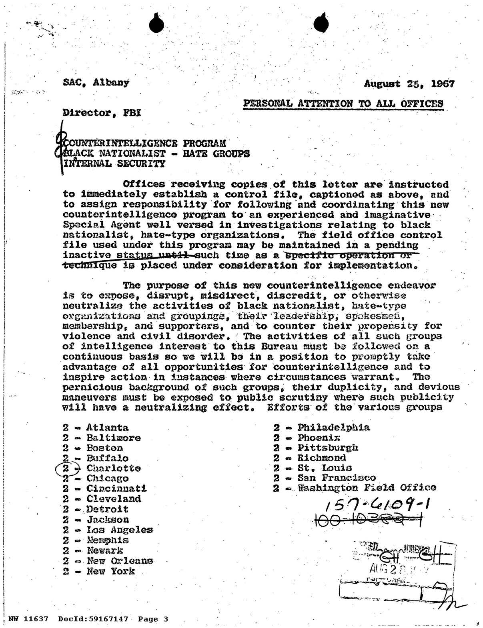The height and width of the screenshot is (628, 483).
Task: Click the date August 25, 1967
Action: tap(409, 84)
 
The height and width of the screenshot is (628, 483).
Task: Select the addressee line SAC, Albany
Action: tap(96, 83)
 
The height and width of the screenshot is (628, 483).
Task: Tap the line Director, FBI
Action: tap(102, 113)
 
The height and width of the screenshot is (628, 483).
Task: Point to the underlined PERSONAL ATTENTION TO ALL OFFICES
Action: tap(343, 103)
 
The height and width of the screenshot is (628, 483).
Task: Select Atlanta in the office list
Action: tap(107, 428)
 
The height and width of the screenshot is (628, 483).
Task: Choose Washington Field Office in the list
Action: tap(367, 488)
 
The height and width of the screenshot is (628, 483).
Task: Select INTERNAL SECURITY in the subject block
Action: tap(114, 163)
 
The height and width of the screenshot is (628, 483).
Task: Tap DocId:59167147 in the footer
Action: tap(93, 619)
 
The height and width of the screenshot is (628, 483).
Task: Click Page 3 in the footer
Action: tap(153, 619)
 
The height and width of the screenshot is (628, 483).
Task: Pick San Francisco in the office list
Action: tap(337, 478)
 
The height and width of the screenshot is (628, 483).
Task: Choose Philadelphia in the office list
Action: tap(333, 427)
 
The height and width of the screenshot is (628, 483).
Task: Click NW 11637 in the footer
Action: tap(28, 619)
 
